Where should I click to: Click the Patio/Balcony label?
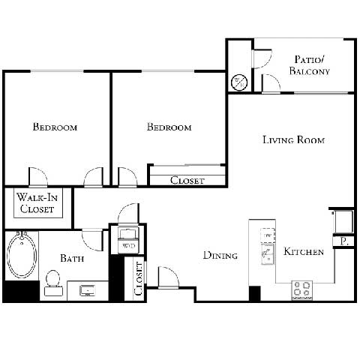point(310,65)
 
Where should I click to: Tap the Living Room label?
point(293,139)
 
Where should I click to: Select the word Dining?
point(220,256)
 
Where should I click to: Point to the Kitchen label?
point(304,252)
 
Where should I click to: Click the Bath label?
point(73,258)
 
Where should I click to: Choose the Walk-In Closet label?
point(37,204)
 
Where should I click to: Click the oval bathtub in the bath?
point(22,257)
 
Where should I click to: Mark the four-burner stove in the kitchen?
point(302,289)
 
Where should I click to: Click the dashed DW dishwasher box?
point(266,235)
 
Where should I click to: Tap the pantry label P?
point(343,241)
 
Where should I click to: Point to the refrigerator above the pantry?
point(342,220)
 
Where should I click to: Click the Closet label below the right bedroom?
point(187,180)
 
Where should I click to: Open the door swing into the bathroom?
point(92,238)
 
